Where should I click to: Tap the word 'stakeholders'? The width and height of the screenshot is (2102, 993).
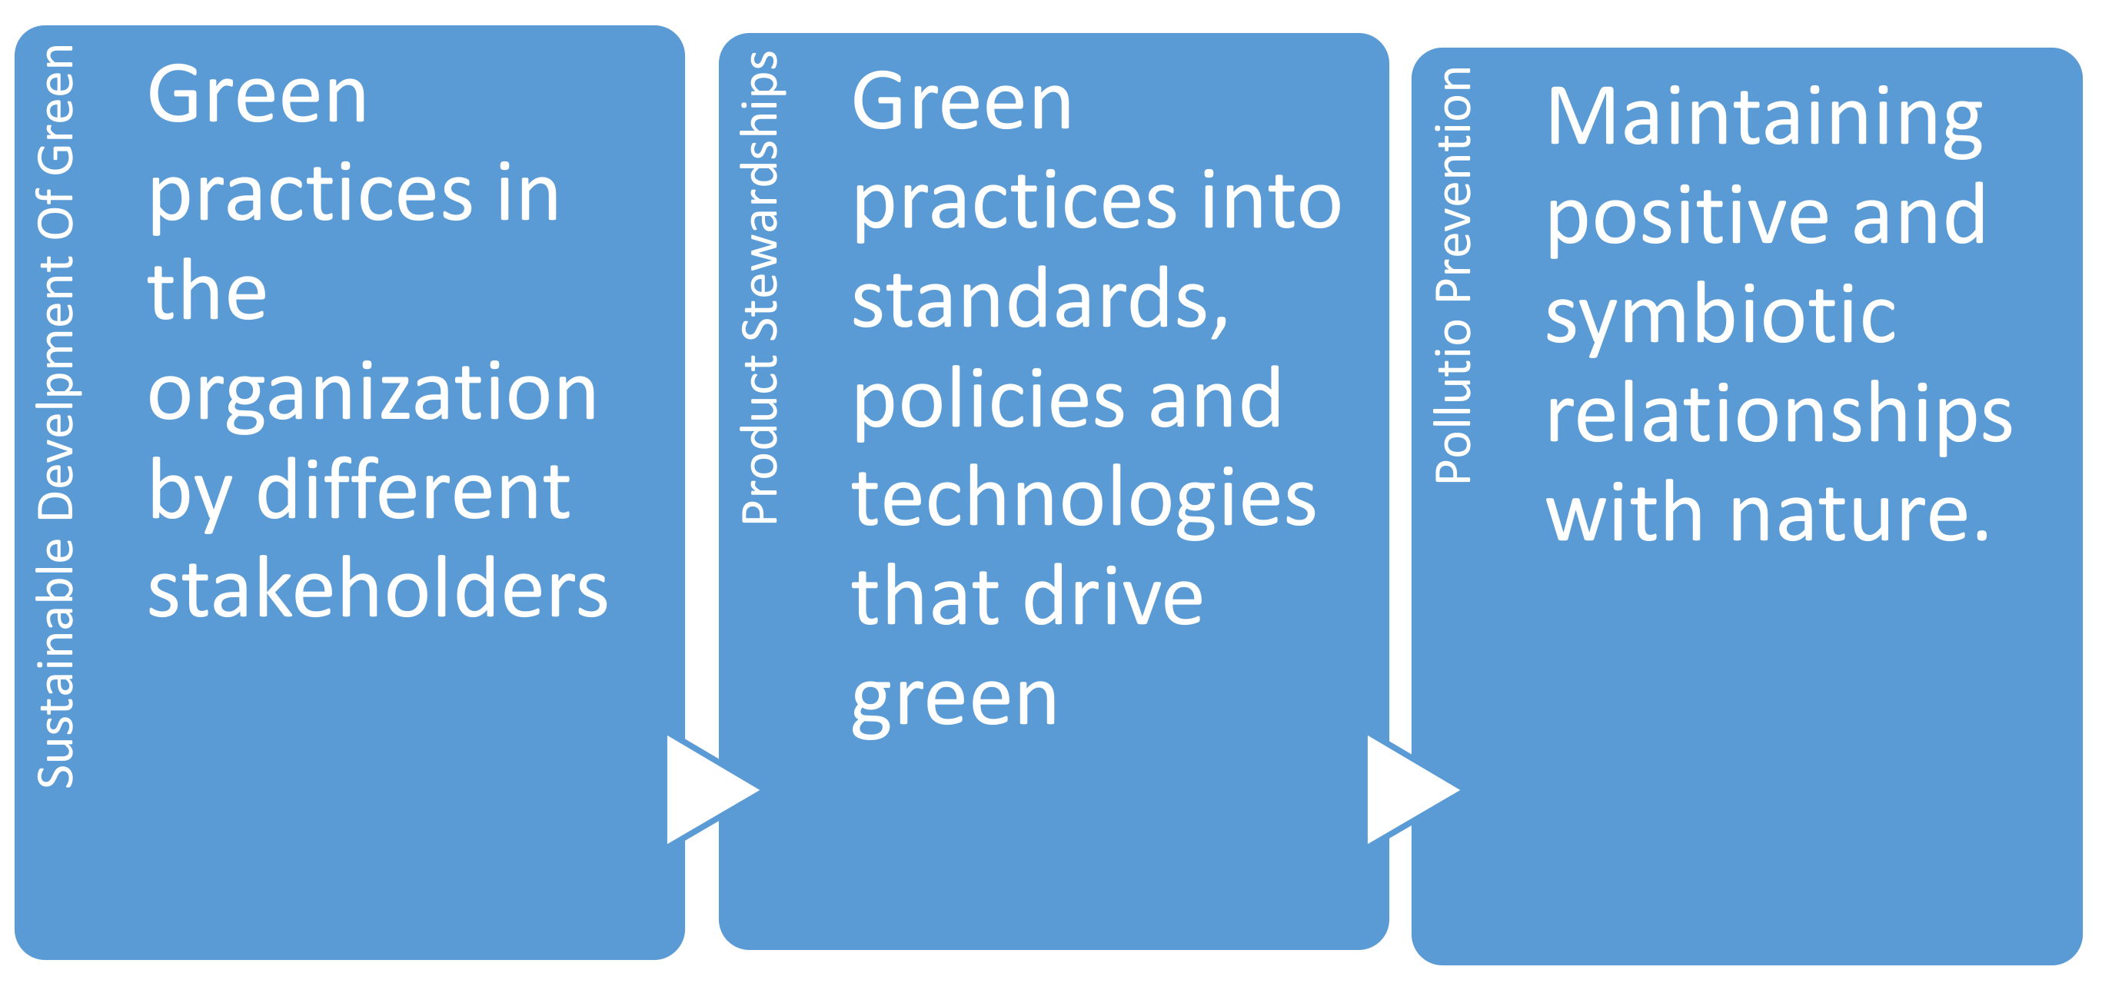point(377,589)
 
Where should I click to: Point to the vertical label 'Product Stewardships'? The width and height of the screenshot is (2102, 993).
point(760,287)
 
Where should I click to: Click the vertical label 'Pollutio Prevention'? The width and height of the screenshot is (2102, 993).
point(1454,275)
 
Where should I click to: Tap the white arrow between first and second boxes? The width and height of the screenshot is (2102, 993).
point(707,790)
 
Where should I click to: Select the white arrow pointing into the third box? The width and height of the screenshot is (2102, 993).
point(1407,790)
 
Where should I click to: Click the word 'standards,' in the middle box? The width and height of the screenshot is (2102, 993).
point(1039,300)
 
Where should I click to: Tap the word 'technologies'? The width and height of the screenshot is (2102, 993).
point(1083,499)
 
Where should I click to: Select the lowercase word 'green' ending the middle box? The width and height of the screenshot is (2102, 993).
point(954,700)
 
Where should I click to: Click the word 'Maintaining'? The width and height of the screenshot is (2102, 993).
point(1764,118)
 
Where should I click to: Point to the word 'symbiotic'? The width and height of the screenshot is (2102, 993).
point(1720,317)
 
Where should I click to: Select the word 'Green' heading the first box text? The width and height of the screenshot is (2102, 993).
point(257,96)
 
